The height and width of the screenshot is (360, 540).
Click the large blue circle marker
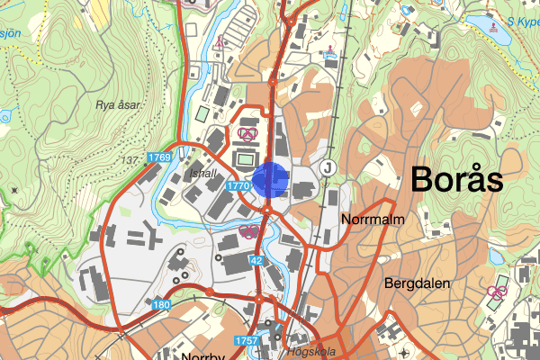pyautogui.click(x=269, y=179)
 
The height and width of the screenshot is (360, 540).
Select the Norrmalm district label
pyautogui.click(x=372, y=219)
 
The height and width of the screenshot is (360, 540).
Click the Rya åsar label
pyautogui.click(x=118, y=105)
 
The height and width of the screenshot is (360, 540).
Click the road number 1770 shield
pyautogui.click(x=238, y=185)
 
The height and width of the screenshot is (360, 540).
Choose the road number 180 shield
pyautogui.click(x=161, y=306)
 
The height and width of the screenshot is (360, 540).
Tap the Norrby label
pyautogui.click(x=202, y=356)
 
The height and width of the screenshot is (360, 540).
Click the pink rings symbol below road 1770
pyautogui.click(x=250, y=229)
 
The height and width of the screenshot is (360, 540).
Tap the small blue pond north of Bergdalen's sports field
pyautogui.click(x=498, y=257)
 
